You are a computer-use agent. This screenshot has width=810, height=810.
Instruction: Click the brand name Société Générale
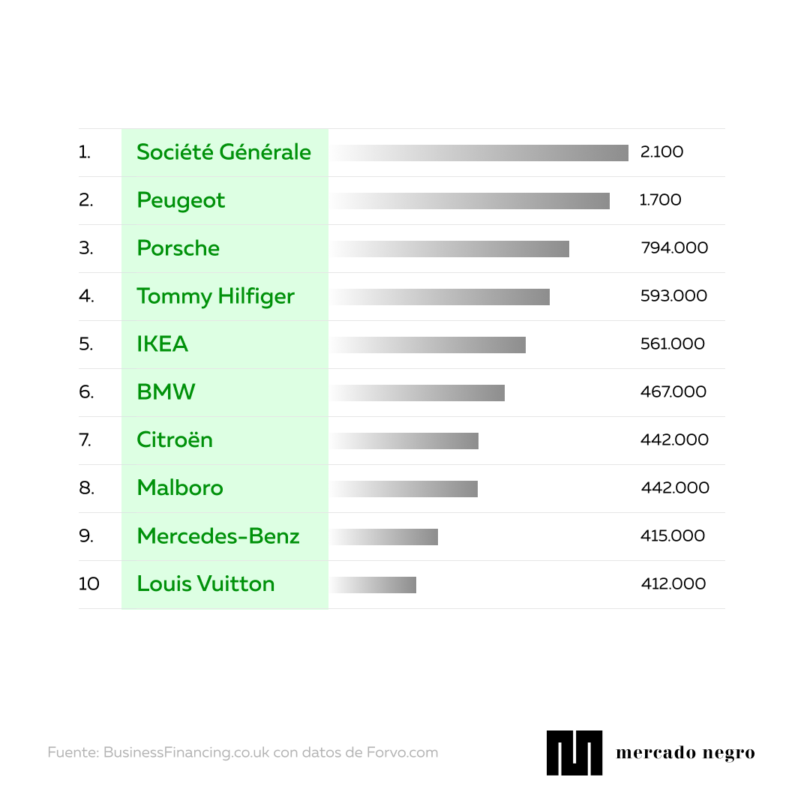click(x=223, y=152)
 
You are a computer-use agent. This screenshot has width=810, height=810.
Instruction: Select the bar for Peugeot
click(x=469, y=201)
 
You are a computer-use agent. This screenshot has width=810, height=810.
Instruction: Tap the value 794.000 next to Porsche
click(x=674, y=248)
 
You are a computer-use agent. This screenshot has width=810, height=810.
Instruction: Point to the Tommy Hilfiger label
click(x=215, y=296)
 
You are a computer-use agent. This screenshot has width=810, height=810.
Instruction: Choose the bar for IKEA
click(x=427, y=345)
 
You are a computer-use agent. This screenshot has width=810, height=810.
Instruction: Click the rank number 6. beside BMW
click(x=86, y=392)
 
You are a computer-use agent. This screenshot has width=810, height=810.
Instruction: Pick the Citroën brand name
click(x=175, y=440)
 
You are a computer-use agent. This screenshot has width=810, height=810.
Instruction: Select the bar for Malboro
click(x=403, y=489)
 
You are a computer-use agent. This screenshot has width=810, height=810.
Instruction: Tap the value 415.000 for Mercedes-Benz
click(x=673, y=536)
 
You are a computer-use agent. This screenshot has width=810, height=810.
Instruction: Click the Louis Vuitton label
click(x=205, y=584)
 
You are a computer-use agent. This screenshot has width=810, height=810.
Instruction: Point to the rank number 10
click(x=88, y=584)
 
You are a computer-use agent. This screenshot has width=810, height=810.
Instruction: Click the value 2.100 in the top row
click(x=661, y=152)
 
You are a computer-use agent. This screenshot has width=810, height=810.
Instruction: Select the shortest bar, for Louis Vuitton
click(x=373, y=585)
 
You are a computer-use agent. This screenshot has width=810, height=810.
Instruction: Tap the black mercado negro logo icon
click(x=574, y=752)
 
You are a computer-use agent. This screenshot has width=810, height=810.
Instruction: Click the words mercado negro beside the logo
click(x=685, y=753)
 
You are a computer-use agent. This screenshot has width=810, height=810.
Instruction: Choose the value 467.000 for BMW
click(x=673, y=392)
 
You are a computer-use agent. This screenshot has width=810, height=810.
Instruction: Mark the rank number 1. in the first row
click(x=84, y=152)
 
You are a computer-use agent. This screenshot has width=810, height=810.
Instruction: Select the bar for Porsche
click(x=449, y=249)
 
